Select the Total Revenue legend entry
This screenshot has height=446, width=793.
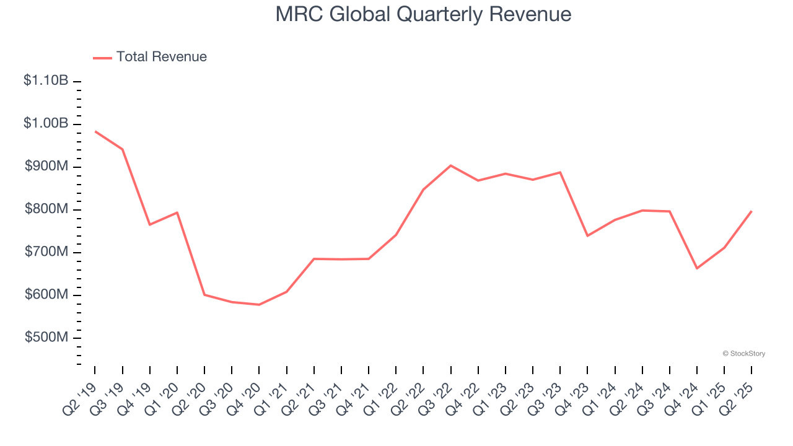pyautogui.click(x=150, y=57)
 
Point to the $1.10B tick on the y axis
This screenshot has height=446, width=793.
pyautogui.click(x=46, y=81)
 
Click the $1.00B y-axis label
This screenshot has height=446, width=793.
pyautogui.click(x=46, y=123)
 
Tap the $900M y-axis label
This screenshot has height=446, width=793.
pyautogui.click(x=46, y=166)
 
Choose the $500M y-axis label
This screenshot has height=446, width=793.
pyautogui.click(x=46, y=338)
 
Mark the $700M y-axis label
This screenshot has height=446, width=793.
pyautogui.click(x=46, y=252)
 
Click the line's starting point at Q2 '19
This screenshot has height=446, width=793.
pyautogui.click(x=95, y=131)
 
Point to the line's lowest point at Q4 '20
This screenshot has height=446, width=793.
pyautogui.click(x=259, y=305)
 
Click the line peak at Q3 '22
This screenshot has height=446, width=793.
pyautogui.click(x=450, y=165)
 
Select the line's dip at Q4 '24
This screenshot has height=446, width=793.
pyautogui.click(x=697, y=268)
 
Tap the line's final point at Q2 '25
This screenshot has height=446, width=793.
pyautogui.click(x=751, y=211)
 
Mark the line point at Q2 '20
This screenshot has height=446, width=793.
pyautogui.click(x=204, y=295)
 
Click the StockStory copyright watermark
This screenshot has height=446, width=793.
pyautogui.click(x=743, y=354)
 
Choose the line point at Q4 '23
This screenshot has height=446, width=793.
pyautogui.click(x=587, y=235)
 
